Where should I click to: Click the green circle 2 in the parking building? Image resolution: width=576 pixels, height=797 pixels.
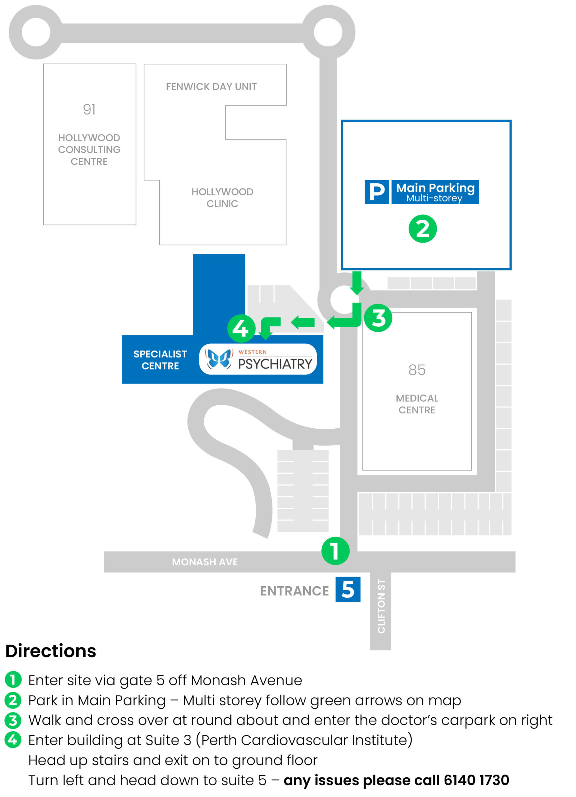[x=423, y=229]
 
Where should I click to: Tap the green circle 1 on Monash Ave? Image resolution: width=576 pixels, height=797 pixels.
[x=335, y=551]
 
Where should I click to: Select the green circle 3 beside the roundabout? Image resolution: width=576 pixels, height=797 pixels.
[x=378, y=318]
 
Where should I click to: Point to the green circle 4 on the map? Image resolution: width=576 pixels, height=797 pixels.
[x=241, y=328]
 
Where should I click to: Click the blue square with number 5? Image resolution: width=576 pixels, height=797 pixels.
[x=347, y=589]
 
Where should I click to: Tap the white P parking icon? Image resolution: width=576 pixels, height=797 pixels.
[x=376, y=192]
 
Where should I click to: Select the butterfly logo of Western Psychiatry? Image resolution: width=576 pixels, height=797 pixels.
[x=219, y=358]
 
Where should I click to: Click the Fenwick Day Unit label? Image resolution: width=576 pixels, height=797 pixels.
[x=211, y=87]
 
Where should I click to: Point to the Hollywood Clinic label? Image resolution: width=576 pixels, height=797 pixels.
[x=222, y=197]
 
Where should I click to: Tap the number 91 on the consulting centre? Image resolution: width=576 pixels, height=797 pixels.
[x=89, y=110]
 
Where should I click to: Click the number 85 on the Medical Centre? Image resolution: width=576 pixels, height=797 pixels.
[x=417, y=370]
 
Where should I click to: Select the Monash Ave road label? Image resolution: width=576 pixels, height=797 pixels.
[x=205, y=562]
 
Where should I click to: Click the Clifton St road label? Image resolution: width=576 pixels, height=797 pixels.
[x=381, y=606]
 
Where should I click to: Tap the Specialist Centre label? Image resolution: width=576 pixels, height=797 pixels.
[x=160, y=360]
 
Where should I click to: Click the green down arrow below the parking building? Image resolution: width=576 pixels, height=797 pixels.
[x=357, y=283]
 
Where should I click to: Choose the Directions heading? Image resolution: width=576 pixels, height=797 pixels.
[x=51, y=651]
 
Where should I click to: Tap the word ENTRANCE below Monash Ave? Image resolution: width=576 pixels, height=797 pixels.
[x=294, y=591]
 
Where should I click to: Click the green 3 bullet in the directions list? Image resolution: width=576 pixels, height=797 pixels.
[x=13, y=720]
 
